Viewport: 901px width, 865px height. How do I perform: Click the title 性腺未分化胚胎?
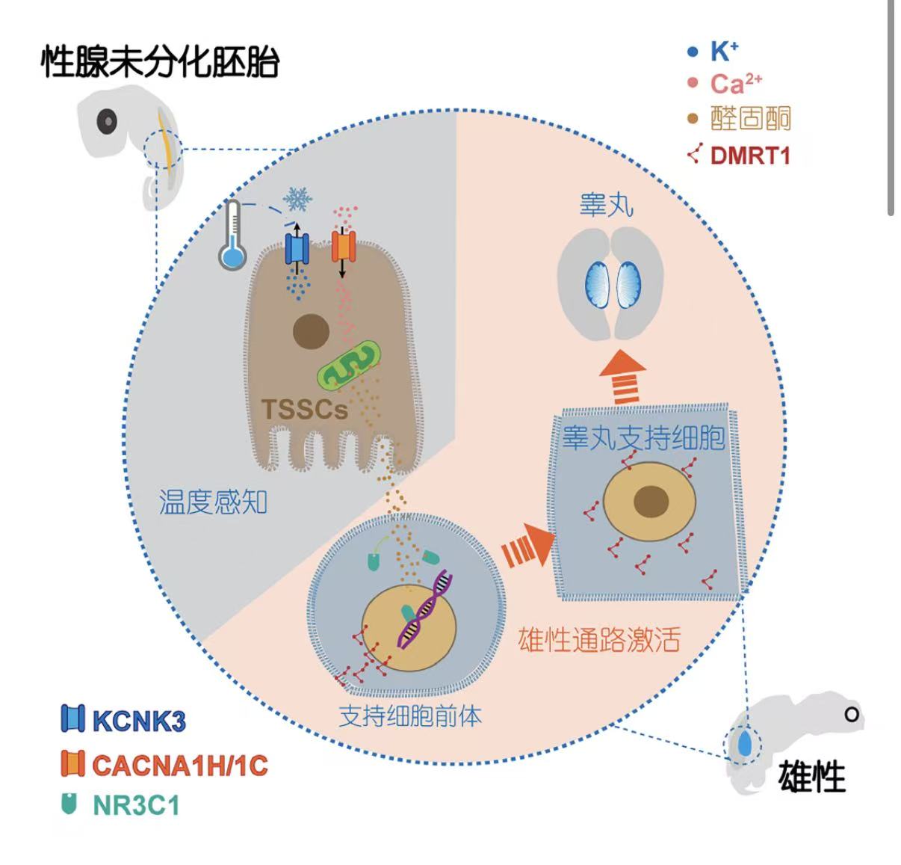(160, 61)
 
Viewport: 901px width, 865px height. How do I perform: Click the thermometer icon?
(232, 235)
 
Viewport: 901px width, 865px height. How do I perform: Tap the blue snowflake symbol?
(297, 199)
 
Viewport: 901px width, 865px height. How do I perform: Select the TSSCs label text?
(305, 410)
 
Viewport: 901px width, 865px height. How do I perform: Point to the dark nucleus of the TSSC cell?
(311, 331)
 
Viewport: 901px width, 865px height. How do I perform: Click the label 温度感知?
(213, 502)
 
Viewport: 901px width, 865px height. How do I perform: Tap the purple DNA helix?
(424, 609)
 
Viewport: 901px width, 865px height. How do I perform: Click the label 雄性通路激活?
(599, 640)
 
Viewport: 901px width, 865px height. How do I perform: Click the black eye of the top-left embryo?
(107, 121)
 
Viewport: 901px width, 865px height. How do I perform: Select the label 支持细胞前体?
(410, 716)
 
